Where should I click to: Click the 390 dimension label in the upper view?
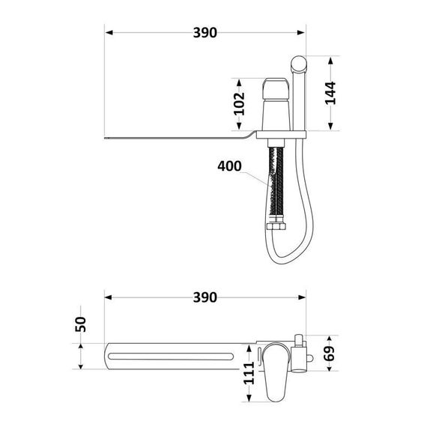(x=205, y=33)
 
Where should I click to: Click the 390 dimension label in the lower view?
(x=205, y=297)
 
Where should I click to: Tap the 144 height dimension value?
(x=330, y=93)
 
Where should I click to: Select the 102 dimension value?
(x=240, y=104)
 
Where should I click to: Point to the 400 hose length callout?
(x=229, y=166)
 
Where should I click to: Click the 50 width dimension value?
(x=81, y=324)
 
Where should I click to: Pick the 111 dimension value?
(x=249, y=373)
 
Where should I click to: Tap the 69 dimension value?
(x=330, y=354)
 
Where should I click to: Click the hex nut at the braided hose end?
(x=276, y=227)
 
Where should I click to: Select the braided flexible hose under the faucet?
(x=276, y=185)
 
